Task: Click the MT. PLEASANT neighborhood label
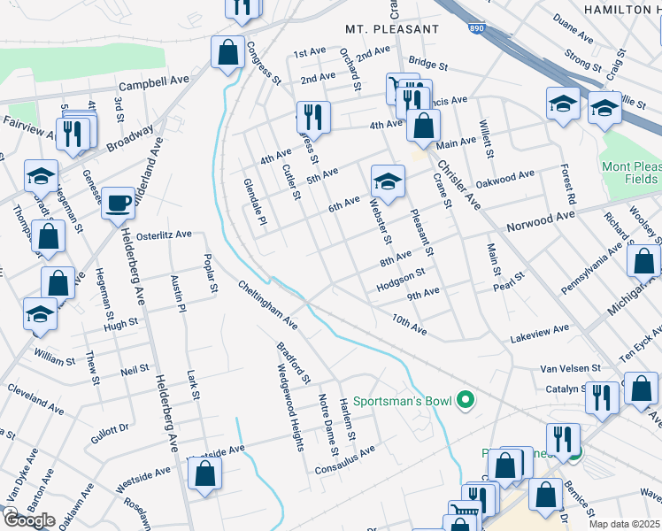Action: [392, 29]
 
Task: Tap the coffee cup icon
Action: [118, 204]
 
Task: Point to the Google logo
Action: [28, 520]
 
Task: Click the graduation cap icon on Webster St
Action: [387, 182]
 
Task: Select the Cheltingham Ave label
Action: [266, 305]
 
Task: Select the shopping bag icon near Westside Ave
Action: [205, 473]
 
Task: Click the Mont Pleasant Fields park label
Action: [629, 173]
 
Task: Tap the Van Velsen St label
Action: [572, 367]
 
